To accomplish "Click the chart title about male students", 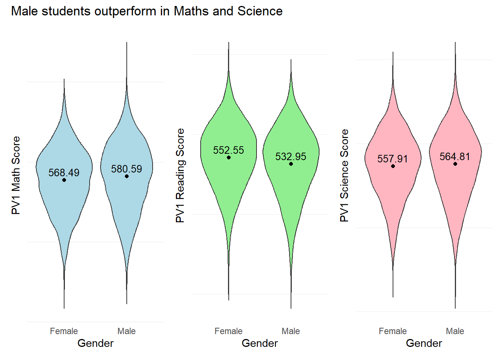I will point(147,11).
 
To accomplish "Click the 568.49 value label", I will point(64,172).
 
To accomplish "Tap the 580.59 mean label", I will point(126,169).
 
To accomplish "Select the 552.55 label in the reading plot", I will point(228,150).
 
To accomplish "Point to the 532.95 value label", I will point(291,156).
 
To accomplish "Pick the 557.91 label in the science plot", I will point(392,159).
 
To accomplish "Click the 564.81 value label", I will point(454,156).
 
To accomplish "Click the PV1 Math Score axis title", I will point(16,175).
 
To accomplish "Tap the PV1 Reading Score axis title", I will point(180,175).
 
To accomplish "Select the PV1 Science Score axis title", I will point(344,175).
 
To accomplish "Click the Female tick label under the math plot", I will point(64,331).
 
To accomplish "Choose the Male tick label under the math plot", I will point(126,331).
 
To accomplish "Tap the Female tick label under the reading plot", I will point(228,331).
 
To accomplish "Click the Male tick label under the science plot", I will point(455,331).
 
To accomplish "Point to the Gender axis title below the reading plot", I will point(259,343).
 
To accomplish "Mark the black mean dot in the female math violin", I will point(64,180).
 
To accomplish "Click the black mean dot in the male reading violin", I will point(291,164).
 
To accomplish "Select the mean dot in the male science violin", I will point(455,164).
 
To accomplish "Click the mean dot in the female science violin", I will point(393,166).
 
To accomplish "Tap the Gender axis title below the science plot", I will point(424,343).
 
